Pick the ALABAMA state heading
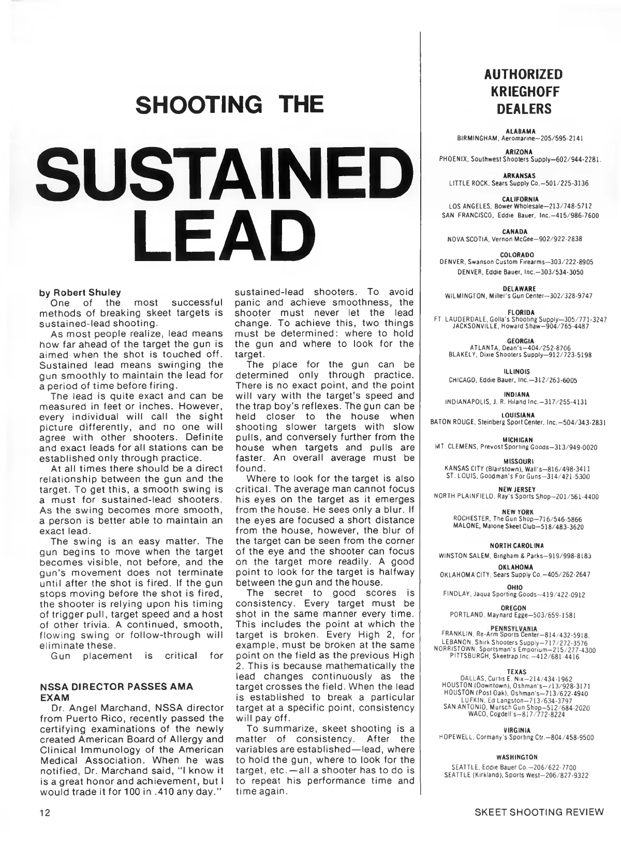tap(522, 132)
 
